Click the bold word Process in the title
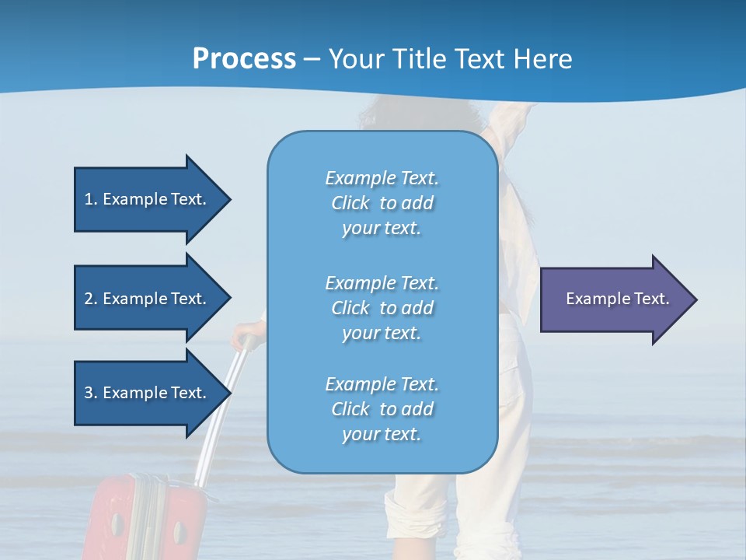pos(244,59)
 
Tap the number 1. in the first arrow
pos(91,199)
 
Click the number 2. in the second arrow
pos(91,299)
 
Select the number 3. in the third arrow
pos(91,393)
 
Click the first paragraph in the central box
pos(382,203)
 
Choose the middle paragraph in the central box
pos(382,308)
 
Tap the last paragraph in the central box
pos(382,409)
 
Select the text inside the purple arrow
pos(618,299)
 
